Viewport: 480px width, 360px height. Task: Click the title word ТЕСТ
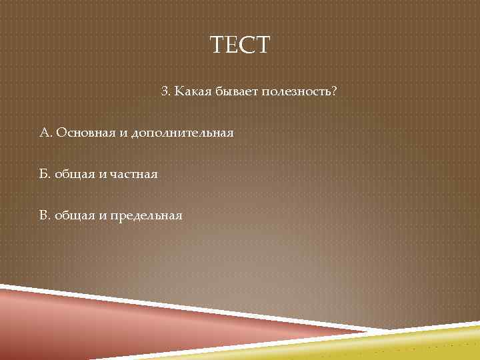240,45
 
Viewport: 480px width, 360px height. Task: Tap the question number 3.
165,90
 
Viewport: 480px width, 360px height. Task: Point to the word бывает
235,91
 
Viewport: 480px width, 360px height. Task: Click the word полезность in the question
297,90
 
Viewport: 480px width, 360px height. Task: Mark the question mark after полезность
334,90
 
